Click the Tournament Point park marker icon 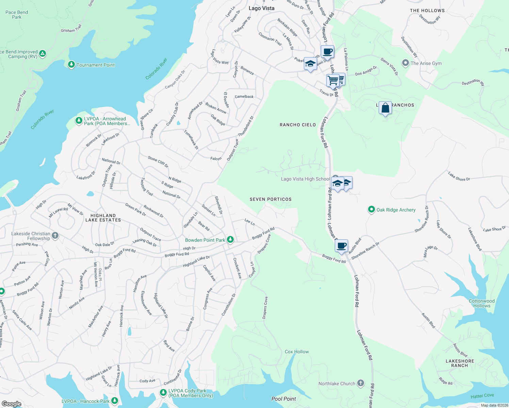71,64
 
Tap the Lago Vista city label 261,8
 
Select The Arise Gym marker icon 405,63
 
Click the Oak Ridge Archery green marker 372,209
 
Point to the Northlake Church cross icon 361,383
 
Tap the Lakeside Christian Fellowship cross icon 55,235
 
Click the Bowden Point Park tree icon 230,240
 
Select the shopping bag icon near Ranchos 385,108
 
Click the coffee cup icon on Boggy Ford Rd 342,245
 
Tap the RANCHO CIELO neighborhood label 298,125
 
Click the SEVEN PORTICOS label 270,199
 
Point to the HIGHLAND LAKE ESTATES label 103,218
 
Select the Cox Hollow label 297,352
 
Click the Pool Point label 283,398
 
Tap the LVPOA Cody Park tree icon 163,393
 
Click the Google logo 12,404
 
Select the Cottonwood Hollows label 482,303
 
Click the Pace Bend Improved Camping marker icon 43,53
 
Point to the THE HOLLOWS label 427,11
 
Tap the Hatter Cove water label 482,396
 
